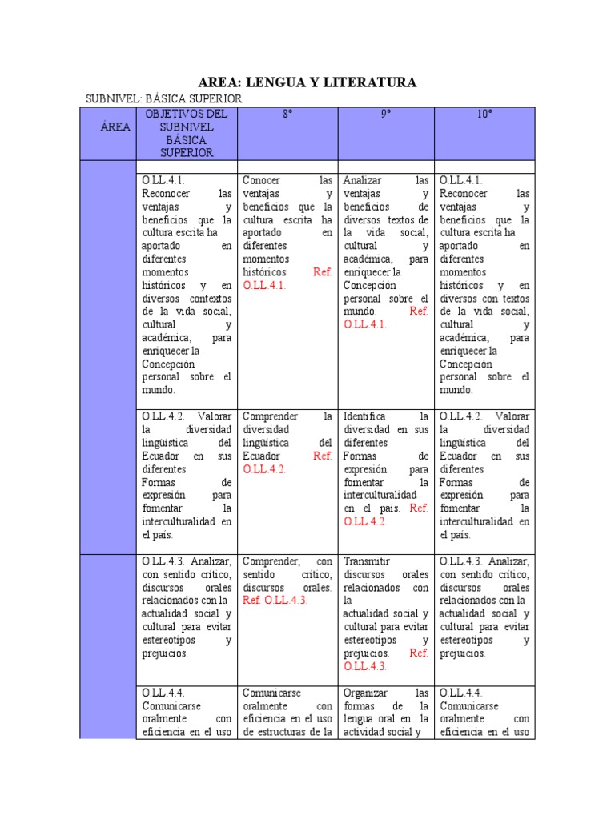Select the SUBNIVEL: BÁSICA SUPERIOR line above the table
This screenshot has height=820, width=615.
point(163,98)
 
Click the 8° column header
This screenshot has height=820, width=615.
point(287,115)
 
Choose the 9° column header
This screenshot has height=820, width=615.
point(386,115)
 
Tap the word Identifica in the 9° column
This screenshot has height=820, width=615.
point(364,416)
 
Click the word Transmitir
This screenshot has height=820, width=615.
point(366,561)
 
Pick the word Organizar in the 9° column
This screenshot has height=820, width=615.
point(365,693)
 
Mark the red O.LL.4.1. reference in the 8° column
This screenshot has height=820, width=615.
point(263,284)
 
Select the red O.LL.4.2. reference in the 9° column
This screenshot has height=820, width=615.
point(364,521)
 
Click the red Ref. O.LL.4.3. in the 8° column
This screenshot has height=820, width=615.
point(275,600)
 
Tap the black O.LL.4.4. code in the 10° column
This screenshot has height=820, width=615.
point(460,693)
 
